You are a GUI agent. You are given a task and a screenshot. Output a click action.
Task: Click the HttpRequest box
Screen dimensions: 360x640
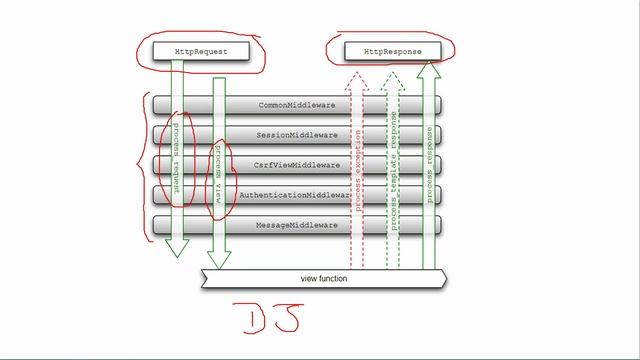click(191, 49)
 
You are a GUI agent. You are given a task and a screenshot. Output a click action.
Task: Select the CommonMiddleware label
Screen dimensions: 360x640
click(297, 105)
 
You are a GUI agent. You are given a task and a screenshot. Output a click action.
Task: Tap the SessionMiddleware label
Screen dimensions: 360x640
click(297, 135)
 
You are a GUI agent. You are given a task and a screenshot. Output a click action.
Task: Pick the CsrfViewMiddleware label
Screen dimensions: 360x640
click(297, 165)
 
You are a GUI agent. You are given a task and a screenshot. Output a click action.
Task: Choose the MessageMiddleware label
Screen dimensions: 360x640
click(297, 226)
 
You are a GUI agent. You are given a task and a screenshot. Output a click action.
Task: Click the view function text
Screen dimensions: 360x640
click(324, 278)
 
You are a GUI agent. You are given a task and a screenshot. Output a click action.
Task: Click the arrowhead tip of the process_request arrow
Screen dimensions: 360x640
click(177, 255)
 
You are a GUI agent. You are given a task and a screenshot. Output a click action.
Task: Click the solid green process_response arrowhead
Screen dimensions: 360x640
click(430, 64)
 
